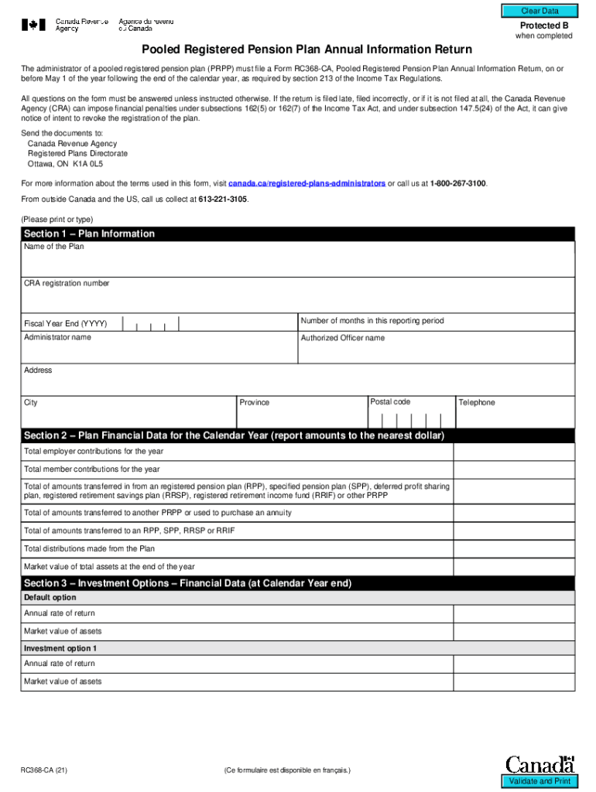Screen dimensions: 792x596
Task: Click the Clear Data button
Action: point(539,11)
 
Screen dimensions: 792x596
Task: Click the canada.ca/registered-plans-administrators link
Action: point(307,183)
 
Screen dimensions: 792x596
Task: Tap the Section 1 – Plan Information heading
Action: point(89,234)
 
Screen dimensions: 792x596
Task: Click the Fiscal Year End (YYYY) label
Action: point(66,324)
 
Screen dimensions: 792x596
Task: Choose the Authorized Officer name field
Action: point(437,352)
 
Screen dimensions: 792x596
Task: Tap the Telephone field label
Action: point(476,403)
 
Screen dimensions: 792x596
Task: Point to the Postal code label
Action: point(390,402)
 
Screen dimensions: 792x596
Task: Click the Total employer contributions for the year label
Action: point(94,452)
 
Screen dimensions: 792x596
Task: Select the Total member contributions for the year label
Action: point(92,469)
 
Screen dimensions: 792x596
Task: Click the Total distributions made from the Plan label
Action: point(89,549)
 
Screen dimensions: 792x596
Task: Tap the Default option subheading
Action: point(50,598)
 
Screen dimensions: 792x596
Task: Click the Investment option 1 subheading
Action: point(60,648)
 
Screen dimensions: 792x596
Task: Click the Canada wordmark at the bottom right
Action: point(540,764)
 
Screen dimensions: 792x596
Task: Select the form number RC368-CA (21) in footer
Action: point(50,771)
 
